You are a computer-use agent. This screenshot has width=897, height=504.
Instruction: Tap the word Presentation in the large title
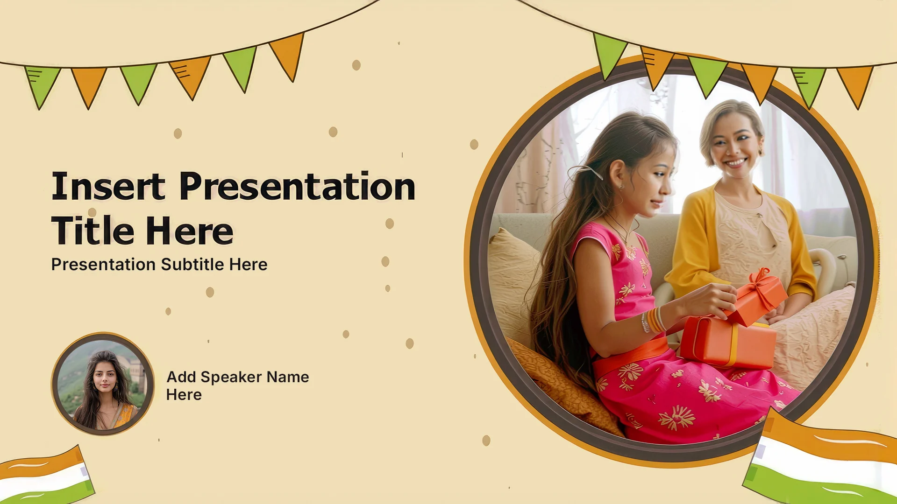[x=297, y=186]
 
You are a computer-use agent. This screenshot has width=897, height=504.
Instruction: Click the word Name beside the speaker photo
[x=288, y=377]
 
